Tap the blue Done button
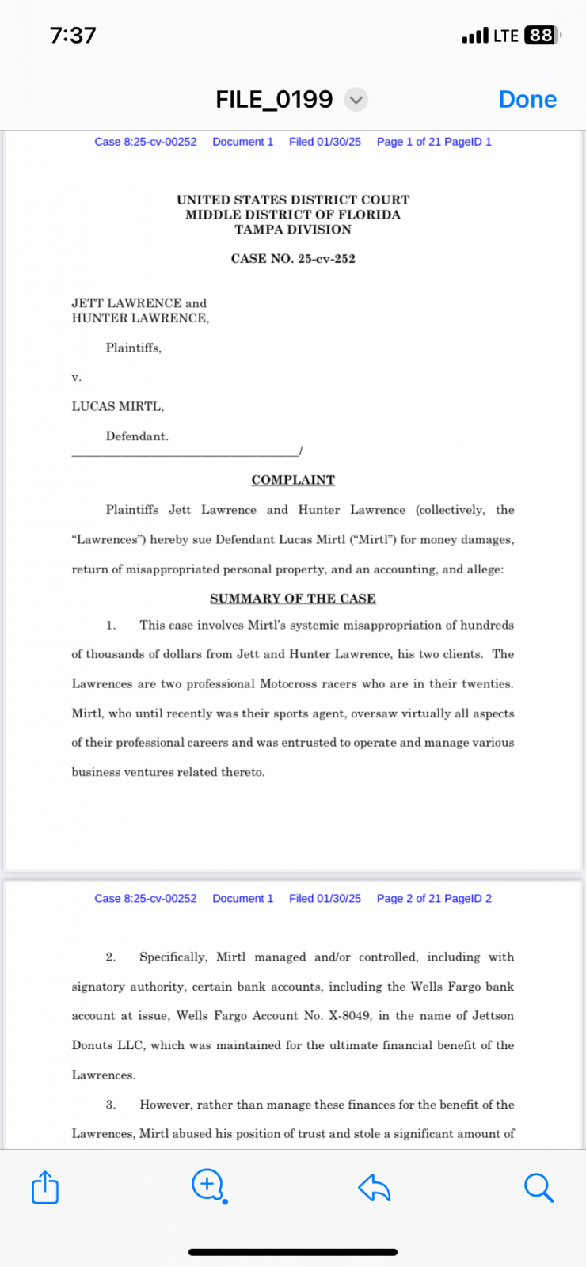point(527,100)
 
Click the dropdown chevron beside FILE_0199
point(356,100)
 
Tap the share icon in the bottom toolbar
point(45,1187)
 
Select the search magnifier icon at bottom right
point(538,1187)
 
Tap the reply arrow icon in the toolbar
point(374,1187)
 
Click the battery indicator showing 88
point(542,36)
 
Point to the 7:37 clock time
point(73,36)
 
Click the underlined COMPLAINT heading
point(293,480)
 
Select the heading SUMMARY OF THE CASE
point(293,599)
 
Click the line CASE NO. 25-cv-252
point(293,259)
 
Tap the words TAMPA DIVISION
point(293,230)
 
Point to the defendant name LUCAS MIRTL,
point(118,406)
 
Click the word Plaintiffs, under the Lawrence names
point(134,348)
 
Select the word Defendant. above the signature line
point(137,436)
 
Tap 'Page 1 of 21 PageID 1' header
point(434,142)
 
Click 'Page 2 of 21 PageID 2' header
point(434,899)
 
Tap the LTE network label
point(506,36)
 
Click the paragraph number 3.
point(111,1105)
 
